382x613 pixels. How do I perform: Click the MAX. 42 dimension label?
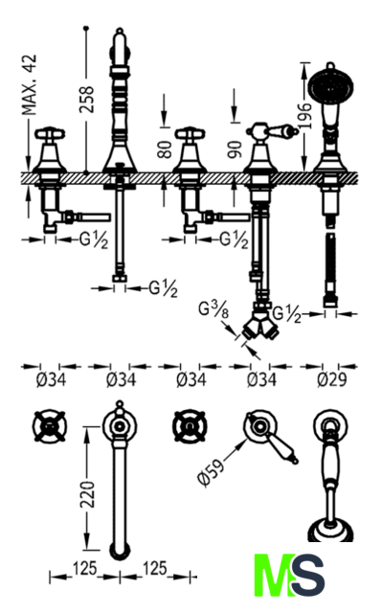[29, 85]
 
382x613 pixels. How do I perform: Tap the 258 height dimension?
[87, 100]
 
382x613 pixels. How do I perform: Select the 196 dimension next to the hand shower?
[305, 116]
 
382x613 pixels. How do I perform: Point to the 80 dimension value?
[165, 149]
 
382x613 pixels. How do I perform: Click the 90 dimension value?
[236, 149]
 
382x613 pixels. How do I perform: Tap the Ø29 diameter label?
[332, 379]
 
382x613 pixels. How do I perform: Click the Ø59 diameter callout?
[212, 471]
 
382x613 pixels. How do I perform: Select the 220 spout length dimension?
[87, 494]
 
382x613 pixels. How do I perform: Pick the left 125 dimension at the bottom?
[84, 568]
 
